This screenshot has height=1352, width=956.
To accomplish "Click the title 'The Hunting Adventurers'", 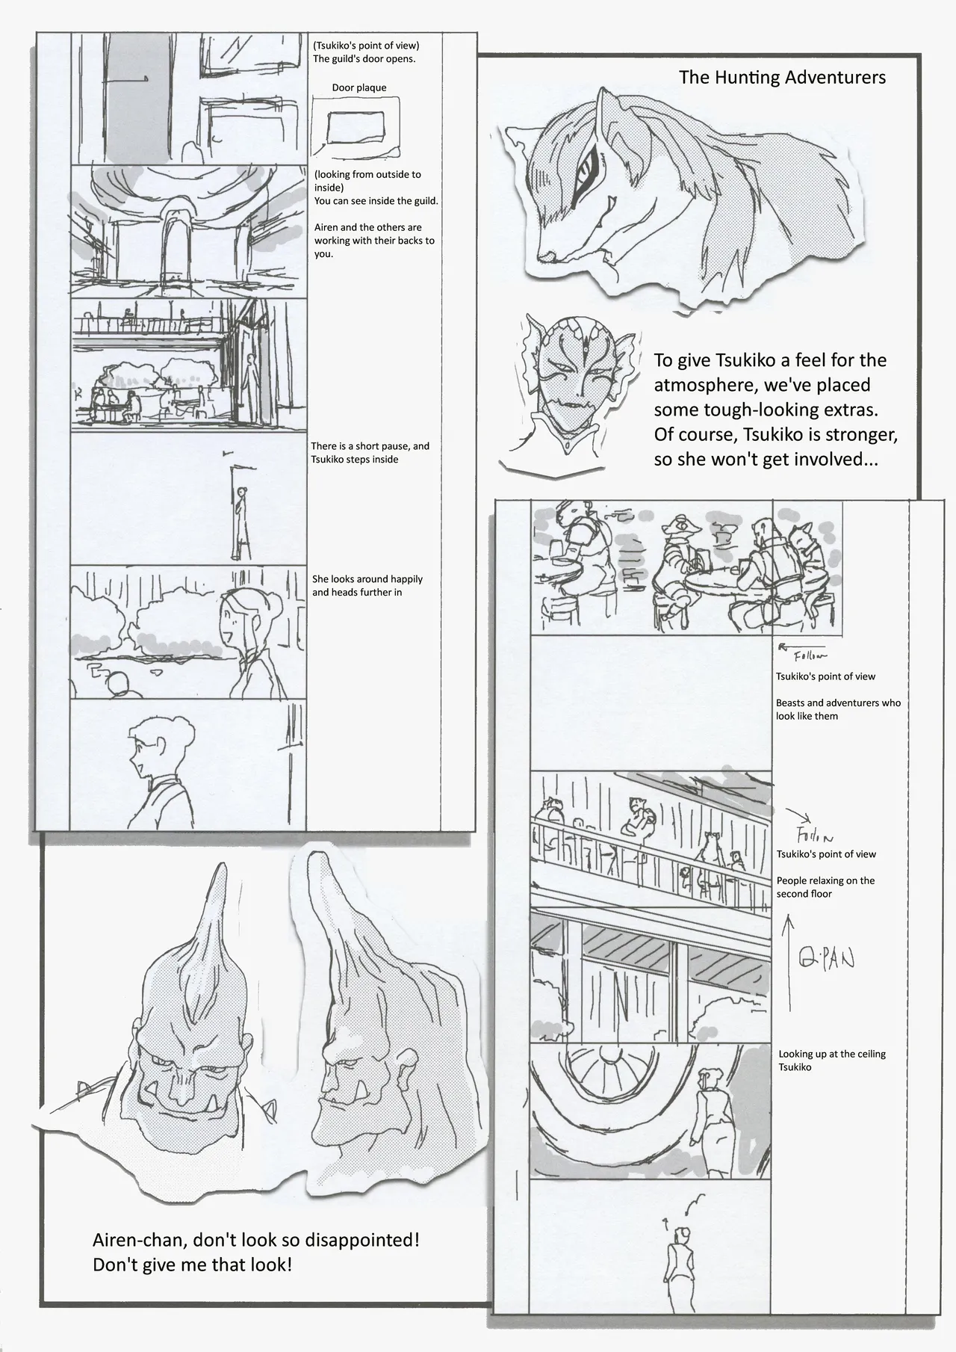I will [782, 78].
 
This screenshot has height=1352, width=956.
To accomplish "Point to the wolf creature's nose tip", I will [544, 257].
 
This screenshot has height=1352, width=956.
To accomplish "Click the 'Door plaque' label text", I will [359, 88].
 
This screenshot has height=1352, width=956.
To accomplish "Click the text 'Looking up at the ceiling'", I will [831, 1054].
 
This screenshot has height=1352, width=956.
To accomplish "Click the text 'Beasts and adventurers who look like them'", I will [837, 709].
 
